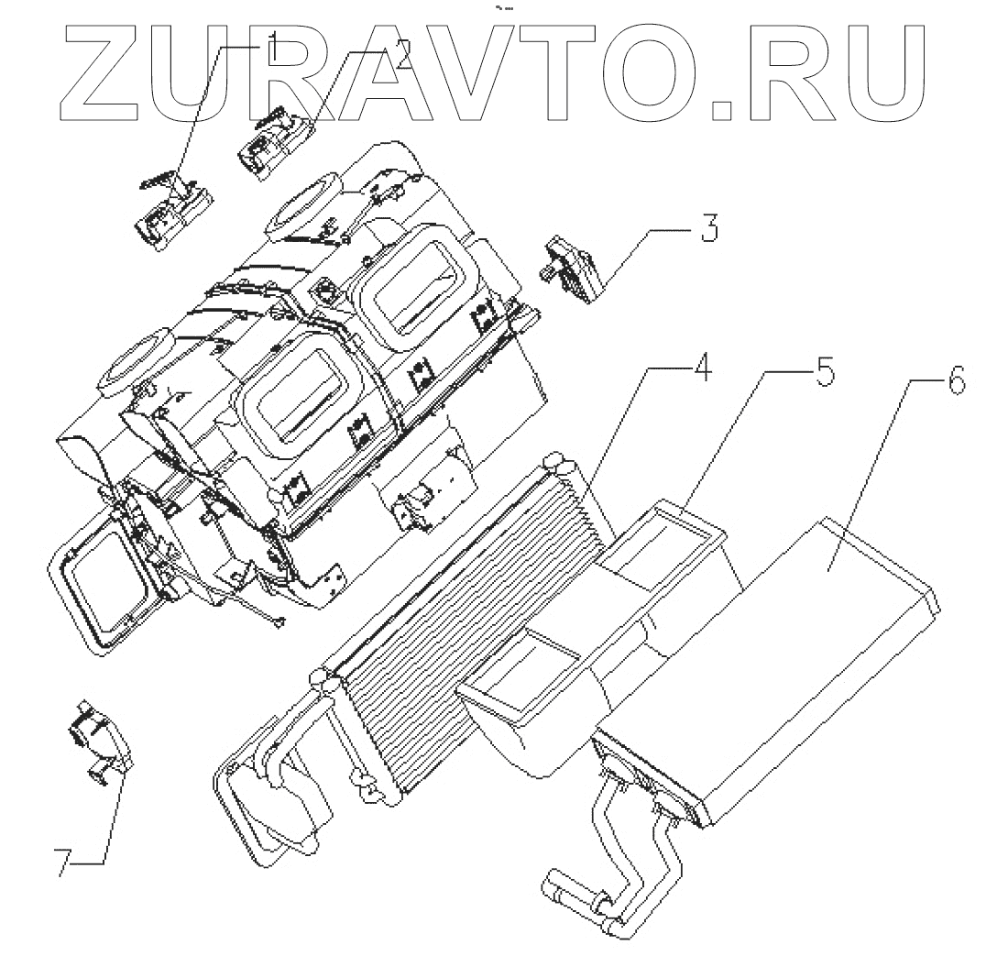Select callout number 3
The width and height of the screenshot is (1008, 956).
point(708,226)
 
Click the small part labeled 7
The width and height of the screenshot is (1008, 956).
point(98,742)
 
